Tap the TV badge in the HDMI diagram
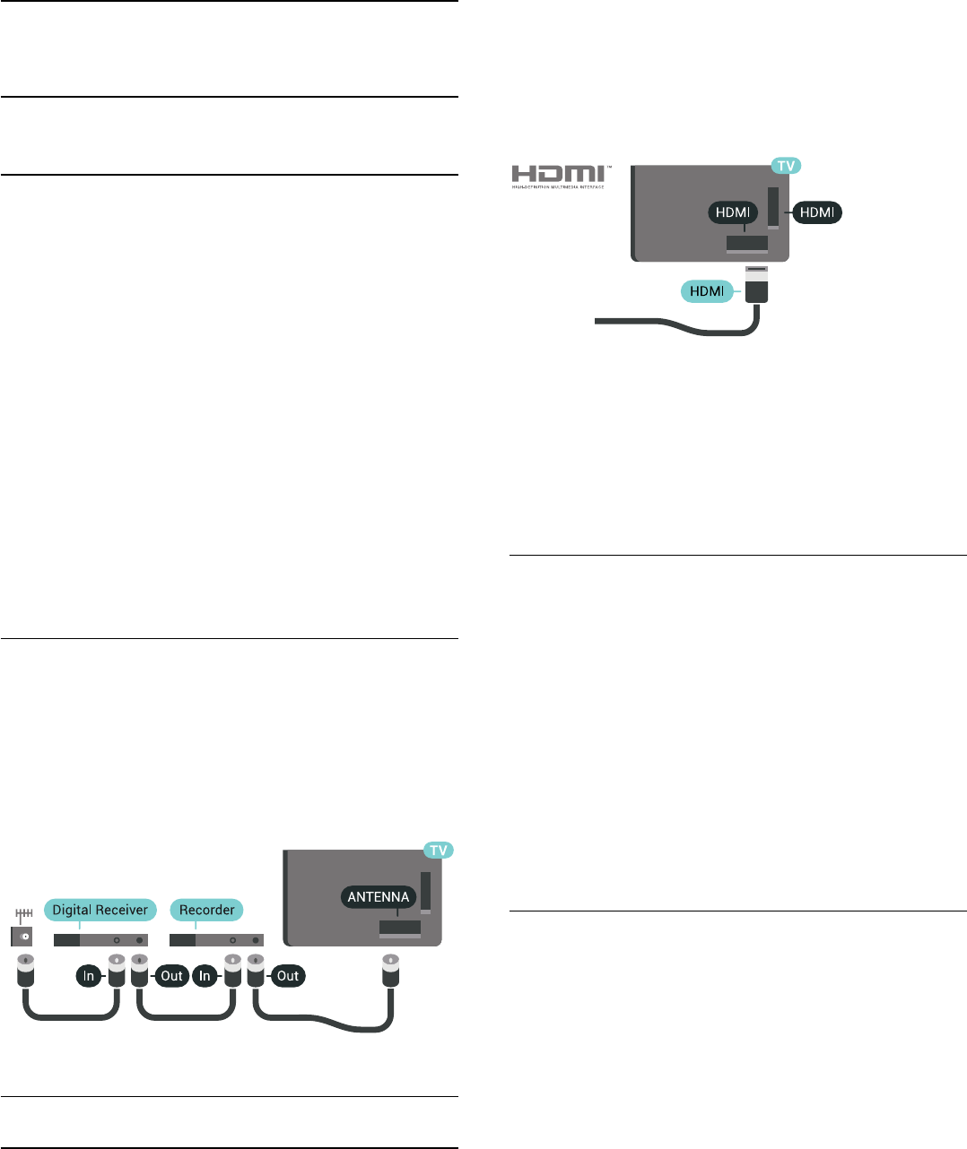click(786, 166)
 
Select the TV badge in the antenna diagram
click(438, 850)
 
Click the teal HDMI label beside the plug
click(707, 291)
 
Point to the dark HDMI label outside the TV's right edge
click(817, 212)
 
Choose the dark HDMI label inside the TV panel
click(733, 212)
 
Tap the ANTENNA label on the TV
click(379, 896)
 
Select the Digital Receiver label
click(100, 910)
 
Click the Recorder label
click(206, 910)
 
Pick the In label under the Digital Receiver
click(89, 976)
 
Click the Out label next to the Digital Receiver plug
click(171, 976)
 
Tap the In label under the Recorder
click(205, 976)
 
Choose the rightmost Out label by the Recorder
click(288, 976)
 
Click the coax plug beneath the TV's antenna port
click(390, 972)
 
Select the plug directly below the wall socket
click(26, 972)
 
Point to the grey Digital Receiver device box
click(100, 940)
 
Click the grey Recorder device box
click(216, 940)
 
